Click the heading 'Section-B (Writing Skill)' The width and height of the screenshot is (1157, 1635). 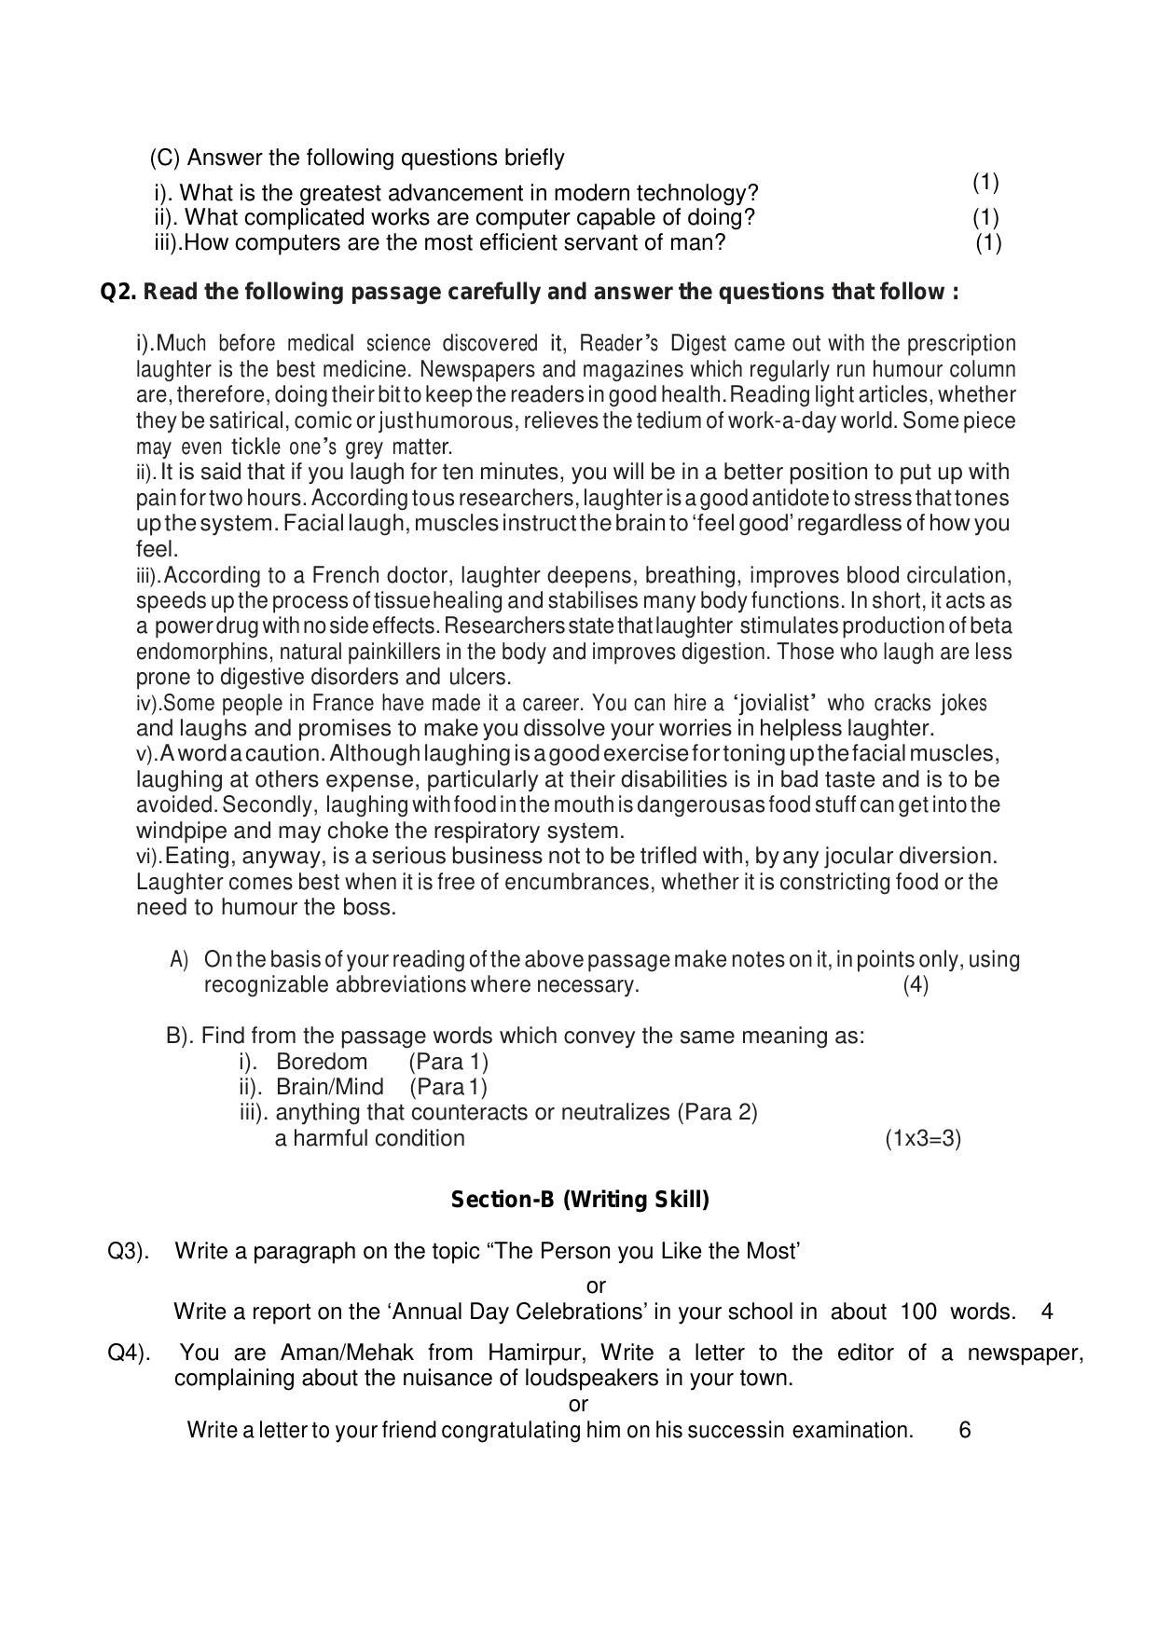pyautogui.click(x=579, y=1200)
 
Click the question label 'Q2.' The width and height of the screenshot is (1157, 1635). pyautogui.click(x=118, y=293)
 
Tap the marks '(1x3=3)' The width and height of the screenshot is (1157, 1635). pyautogui.click(x=922, y=1138)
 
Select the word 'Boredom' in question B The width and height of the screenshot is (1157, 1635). pyautogui.click(x=321, y=1062)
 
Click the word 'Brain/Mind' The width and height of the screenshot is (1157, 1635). pyautogui.click(x=329, y=1087)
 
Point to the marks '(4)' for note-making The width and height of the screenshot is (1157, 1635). pyautogui.click(x=915, y=984)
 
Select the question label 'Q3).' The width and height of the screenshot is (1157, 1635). pyautogui.click(x=128, y=1251)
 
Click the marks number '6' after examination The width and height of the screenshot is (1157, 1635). pyautogui.click(x=964, y=1430)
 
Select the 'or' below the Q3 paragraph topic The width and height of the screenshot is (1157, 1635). pyautogui.click(x=596, y=1286)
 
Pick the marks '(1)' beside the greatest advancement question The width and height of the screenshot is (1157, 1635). pyautogui.click(x=985, y=182)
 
